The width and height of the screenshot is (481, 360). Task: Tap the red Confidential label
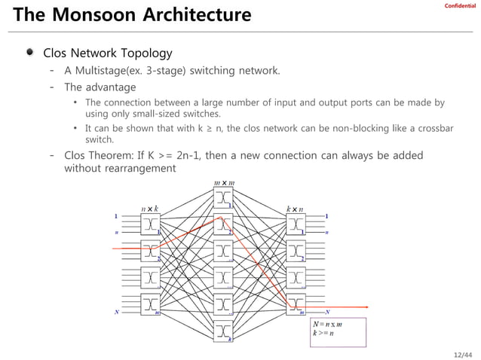coord(460,7)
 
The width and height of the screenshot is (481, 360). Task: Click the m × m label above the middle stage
coord(224,182)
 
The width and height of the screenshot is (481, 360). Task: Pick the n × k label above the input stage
coord(150,208)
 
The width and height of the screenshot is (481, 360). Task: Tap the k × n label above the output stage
coord(295,208)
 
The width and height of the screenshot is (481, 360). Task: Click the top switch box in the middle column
coord(223,198)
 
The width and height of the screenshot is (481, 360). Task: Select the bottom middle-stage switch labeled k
coord(223,331)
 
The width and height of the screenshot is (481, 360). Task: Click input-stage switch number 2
coord(150,251)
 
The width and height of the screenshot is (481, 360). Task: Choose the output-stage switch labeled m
coord(296,304)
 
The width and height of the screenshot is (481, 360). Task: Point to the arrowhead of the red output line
coord(366,307)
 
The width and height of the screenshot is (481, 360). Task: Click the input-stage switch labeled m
coord(150,304)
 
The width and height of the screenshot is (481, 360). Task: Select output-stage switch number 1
coord(296,224)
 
